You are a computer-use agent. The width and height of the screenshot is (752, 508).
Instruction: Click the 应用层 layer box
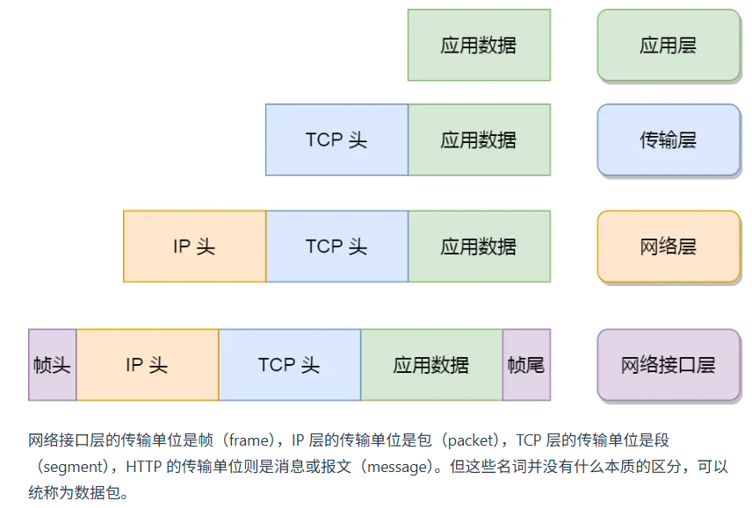point(669,46)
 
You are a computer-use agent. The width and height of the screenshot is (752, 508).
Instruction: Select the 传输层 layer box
point(669,140)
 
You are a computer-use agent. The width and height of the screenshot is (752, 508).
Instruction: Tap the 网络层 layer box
point(669,247)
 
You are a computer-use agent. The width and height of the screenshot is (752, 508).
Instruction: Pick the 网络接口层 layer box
point(669,365)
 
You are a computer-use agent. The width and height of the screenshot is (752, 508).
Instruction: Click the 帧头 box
point(52,365)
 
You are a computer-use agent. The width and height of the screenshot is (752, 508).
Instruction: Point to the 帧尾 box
point(526,365)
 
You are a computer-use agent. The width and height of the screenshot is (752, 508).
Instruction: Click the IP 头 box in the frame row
point(147,365)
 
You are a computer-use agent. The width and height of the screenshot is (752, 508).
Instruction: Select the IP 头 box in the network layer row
point(194,247)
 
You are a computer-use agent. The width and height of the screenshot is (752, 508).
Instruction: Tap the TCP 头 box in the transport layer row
point(336,140)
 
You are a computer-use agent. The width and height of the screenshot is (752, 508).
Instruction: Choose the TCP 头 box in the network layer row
point(336,247)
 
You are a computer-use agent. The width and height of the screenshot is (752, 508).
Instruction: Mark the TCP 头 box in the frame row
point(289,365)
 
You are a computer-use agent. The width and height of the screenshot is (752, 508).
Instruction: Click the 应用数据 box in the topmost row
point(479,46)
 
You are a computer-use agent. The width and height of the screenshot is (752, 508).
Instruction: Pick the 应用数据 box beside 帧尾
point(431,365)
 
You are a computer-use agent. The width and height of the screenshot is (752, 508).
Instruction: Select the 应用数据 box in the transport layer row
point(479,140)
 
